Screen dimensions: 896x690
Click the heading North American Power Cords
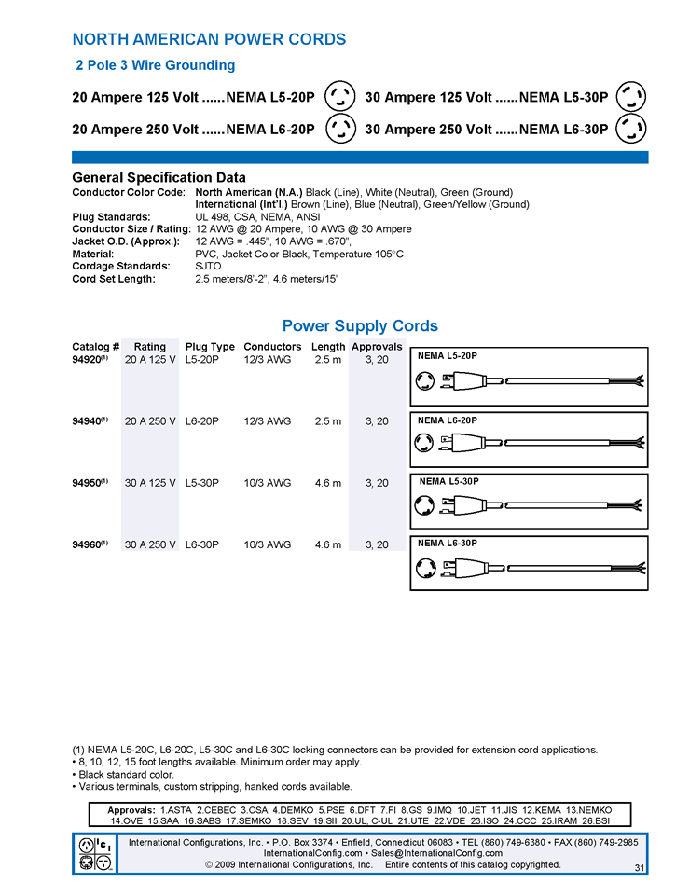point(209,39)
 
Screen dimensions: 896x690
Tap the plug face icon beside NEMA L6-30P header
point(632,129)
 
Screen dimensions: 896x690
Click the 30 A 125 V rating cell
point(150,483)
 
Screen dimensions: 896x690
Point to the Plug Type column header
point(210,347)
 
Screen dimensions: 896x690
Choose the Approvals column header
point(377,347)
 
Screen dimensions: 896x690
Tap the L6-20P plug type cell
point(202,421)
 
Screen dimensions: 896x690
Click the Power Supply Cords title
point(360,326)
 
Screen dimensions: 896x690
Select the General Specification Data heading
point(159,177)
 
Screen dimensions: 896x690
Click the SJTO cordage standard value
point(208,266)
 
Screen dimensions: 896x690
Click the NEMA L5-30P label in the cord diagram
point(449,481)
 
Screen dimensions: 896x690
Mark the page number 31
point(639,868)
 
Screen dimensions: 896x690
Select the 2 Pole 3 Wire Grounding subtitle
point(155,65)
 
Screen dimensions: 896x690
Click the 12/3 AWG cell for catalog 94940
point(267,421)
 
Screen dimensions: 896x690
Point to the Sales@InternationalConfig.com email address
point(435,853)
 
